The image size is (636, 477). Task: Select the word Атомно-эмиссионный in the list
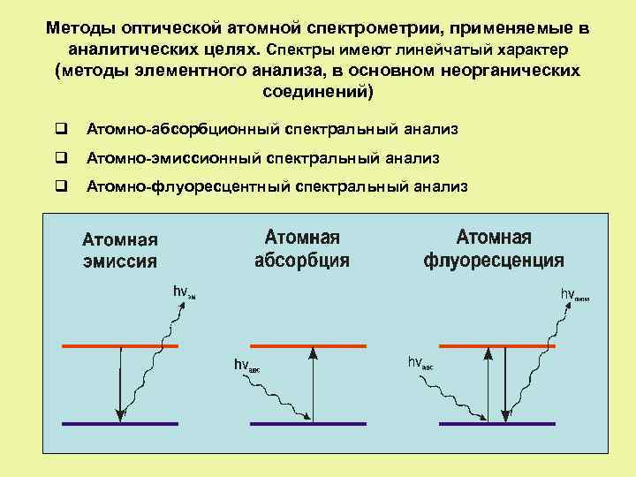[x=172, y=158]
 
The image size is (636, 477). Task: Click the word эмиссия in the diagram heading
[x=120, y=261]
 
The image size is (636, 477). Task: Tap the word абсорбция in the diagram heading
[x=302, y=261]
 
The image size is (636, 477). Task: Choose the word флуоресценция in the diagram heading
[x=494, y=261]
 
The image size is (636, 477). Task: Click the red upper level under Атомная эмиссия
[x=120, y=345]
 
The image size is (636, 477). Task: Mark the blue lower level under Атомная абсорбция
[x=307, y=424]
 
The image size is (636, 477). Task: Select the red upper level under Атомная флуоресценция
[x=496, y=345]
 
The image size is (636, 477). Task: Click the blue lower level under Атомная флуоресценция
[x=496, y=424]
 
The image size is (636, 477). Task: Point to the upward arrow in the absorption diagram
[x=311, y=384]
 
